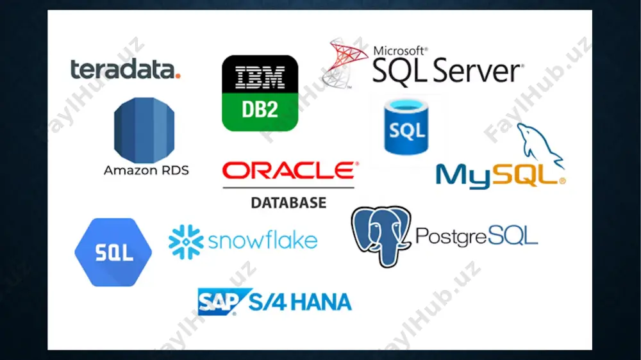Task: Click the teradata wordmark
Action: (125, 69)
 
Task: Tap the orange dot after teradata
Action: (178, 76)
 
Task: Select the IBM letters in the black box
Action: (260, 78)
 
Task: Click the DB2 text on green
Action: (260, 109)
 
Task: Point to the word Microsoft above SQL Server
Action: (400, 51)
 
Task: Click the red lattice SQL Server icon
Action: (344, 63)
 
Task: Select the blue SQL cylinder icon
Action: (406, 127)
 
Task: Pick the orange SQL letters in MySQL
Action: (526, 176)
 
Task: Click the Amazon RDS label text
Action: (146, 170)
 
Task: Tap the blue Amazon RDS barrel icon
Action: (144, 130)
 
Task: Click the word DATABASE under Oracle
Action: (288, 202)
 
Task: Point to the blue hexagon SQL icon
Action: (113, 252)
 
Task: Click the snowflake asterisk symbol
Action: (186, 242)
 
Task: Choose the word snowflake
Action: (263, 241)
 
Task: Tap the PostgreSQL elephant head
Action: (381, 236)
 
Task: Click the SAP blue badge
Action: (223, 302)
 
